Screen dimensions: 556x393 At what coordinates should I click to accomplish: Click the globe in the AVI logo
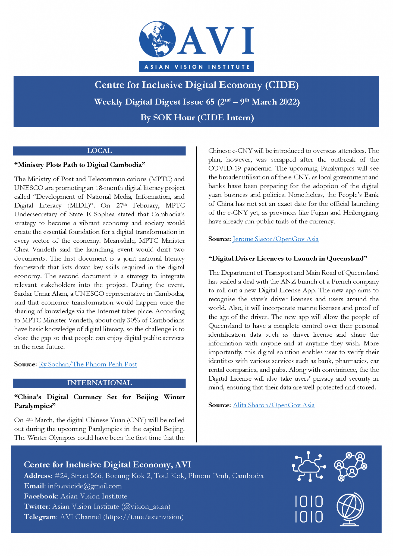click(157, 39)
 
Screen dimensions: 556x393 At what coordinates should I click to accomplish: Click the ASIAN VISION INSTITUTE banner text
click(197, 67)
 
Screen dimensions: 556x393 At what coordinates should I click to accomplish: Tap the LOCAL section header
click(99, 151)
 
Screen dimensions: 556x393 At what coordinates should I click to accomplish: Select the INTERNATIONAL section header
click(99, 383)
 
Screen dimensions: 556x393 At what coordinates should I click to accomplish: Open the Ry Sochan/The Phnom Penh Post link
click(88, 364)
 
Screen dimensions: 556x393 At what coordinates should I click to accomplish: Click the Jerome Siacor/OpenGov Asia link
click(275, 239)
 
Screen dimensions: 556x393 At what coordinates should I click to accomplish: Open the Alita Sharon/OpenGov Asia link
click(273, 405)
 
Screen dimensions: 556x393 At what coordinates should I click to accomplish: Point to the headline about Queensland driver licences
click(288, 258)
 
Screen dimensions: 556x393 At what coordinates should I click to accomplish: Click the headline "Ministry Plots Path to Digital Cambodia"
click(80, 165)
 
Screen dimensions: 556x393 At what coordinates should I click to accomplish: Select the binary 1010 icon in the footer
click(309, 509)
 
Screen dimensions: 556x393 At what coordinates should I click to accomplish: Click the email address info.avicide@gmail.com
click(84, 486)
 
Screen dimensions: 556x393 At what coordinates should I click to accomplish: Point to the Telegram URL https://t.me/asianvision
click(143, 517)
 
